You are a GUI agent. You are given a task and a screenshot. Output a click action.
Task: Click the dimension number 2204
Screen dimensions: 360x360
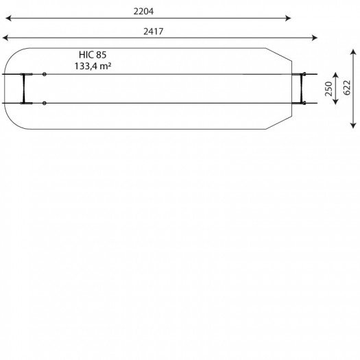click(x=143, y=11)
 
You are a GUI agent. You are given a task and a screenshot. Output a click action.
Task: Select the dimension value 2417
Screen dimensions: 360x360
click(x=154, y=32)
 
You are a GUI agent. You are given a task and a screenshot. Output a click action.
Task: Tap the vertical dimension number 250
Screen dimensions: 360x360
click(x=328, y=89)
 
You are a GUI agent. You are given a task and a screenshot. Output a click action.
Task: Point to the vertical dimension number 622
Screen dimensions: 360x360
click(x=347, y=88)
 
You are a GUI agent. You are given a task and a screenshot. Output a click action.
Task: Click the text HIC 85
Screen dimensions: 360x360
click(x=93, y=55)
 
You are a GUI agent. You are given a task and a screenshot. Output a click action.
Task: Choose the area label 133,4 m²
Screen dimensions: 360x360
click(x=93, y=66)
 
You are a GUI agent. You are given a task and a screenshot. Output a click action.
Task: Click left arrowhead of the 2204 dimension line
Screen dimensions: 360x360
click(x=8, y=18)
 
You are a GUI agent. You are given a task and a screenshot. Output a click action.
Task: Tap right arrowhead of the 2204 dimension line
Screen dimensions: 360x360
click(x=288, y=18)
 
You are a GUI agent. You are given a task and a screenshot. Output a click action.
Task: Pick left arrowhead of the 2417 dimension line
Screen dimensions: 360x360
click(x=5, y=38)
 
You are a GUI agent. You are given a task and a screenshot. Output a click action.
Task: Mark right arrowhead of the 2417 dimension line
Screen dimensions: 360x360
click(x=314, y=38)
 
